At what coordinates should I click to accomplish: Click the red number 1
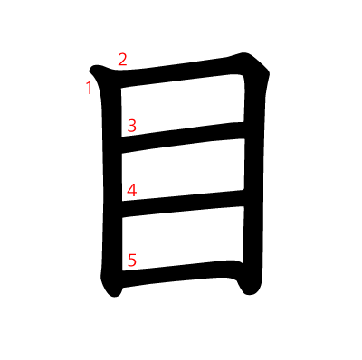[89, 88]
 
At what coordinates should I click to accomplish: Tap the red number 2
[122, 60]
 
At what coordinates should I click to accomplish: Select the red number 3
[131, 126]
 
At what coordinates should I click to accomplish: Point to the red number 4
[131, 191]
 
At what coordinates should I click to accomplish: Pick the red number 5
[132, 261]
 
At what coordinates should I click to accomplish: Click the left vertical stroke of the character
[111, 181]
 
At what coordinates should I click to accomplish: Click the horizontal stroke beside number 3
[183, 137]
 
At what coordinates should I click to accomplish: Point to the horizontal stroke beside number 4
[183, 204]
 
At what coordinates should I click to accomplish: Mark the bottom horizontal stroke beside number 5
[181, 274]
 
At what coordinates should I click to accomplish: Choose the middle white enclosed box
[183, 170]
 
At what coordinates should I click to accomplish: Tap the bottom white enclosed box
[183, 238]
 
